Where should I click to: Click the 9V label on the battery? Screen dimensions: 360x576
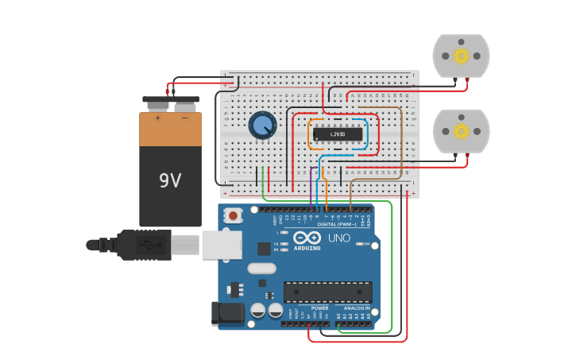click(170, 180)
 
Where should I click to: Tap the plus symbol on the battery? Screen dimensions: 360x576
click(157, 118)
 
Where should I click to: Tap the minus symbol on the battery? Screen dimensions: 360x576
click(184, 118)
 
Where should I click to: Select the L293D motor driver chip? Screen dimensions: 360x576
click(338, 134)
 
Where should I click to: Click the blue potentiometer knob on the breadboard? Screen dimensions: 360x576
click(262, 125)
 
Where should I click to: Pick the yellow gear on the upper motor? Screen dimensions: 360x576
click(461, 56)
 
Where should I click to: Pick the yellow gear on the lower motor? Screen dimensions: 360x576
click(461, 130)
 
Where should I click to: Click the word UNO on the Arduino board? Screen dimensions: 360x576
click(339, 238)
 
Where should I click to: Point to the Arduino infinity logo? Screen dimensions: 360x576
click(307, 238)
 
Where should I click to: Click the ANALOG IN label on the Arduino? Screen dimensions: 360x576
click(356, 308)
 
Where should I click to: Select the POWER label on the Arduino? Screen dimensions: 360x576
click(319, 308)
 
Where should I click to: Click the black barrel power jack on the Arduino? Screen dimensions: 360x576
click(227, 313)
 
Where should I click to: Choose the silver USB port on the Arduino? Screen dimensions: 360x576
click(222, 245)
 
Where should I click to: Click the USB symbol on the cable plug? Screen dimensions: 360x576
click(147, 245)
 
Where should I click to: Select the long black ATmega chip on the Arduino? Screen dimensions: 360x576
click(327, 292)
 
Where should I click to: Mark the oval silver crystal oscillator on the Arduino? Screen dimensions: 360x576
click(261, 269)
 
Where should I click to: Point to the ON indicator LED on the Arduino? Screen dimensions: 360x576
click(373, 246)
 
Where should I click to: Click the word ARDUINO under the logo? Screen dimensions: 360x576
click(307, 248)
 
